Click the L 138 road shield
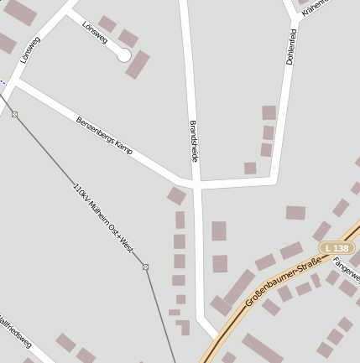click(x=336, y=249)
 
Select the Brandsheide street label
click(x=194, y=139)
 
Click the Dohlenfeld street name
click(x=291, y=49)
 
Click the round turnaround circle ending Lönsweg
click(x=124, y=55)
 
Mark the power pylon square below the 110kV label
click(x=145, y=267)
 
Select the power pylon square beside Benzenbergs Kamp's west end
click(x=14, y=114)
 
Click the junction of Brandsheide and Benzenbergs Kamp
click(x=194, y=184)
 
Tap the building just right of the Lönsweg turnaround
click(x=138, y=65)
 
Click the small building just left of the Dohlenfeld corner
click(x=250, y=168)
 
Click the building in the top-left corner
click(x=20, y=13)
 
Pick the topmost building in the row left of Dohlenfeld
click(x=269, y=112)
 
